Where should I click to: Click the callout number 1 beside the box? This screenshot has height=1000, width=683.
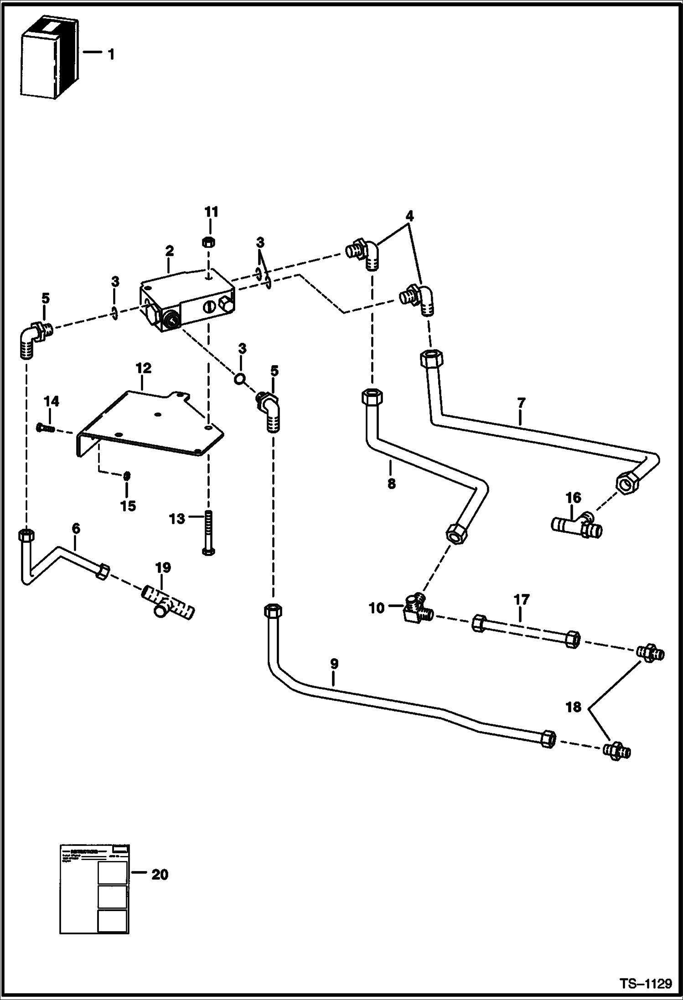[x=111, y=55]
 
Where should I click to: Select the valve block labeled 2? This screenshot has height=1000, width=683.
[x=187, y=301]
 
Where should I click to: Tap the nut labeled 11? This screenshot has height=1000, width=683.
[x=209, y=242]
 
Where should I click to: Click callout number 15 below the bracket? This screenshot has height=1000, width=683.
[x=128, y=505]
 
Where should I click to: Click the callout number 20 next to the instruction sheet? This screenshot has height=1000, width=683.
[x=160, y=875]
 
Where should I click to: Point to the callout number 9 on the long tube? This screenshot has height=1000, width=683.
[x=334, y=664]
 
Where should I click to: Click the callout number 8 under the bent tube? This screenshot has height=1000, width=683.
[x=391, y=484]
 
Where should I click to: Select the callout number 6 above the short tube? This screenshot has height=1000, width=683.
[x=76, y=529]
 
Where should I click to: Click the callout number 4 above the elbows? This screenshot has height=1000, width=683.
[x=409, y=216]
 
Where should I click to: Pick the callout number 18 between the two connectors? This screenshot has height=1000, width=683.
[x=574, y=708]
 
